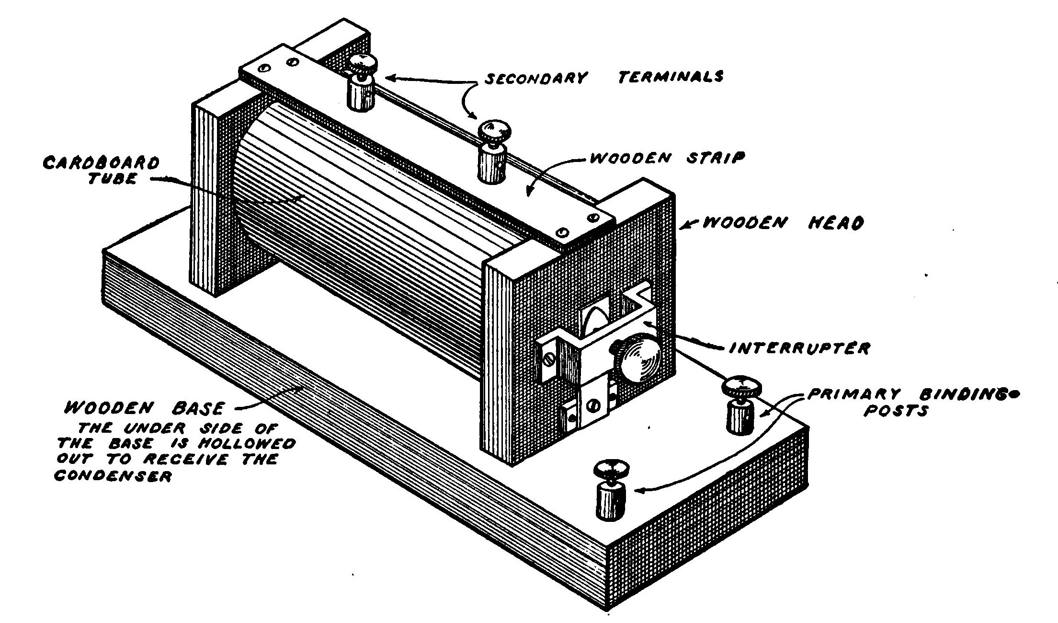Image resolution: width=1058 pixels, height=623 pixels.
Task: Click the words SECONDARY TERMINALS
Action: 603,77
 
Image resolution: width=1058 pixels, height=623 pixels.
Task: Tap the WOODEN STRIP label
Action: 666,158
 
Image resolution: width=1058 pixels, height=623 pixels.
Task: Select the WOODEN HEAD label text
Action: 783,223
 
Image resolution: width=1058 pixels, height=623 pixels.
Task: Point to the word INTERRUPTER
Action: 799,347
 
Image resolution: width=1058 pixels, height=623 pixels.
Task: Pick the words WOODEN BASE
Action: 144,408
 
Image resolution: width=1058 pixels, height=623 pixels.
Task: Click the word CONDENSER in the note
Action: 113,477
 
